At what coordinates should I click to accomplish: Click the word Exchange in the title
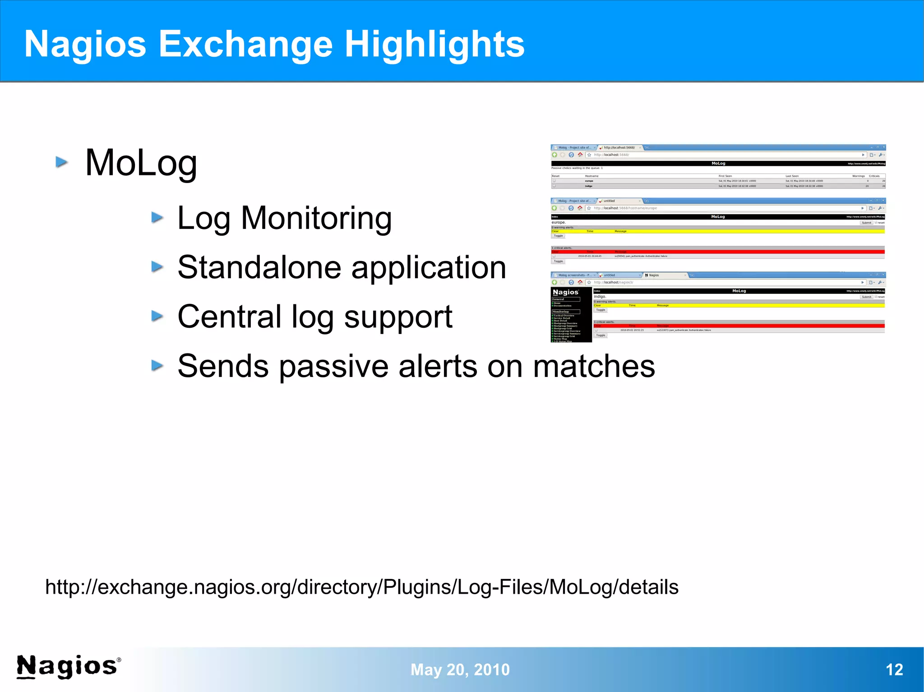click(245, 44)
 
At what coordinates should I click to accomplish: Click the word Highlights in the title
click(434, 44)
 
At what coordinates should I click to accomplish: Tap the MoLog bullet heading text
click(141, 163)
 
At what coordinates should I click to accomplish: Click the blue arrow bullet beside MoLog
click(62, 162)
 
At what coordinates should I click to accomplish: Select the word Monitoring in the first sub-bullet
click(316, 219)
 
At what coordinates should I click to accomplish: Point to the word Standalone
click(259, 268)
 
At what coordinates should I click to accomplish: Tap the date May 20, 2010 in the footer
click(460, 669)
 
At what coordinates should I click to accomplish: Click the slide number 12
click(894, 669)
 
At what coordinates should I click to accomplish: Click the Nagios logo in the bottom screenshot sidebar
click(565, 293)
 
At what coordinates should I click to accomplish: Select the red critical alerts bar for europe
click(717, 252)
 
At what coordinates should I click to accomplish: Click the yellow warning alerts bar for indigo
click(739, 305)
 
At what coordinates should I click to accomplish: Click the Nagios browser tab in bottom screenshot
click(663, 275)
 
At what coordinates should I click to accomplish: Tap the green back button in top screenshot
click(554, 155)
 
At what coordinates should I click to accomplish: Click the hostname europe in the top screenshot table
click(589, 181)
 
